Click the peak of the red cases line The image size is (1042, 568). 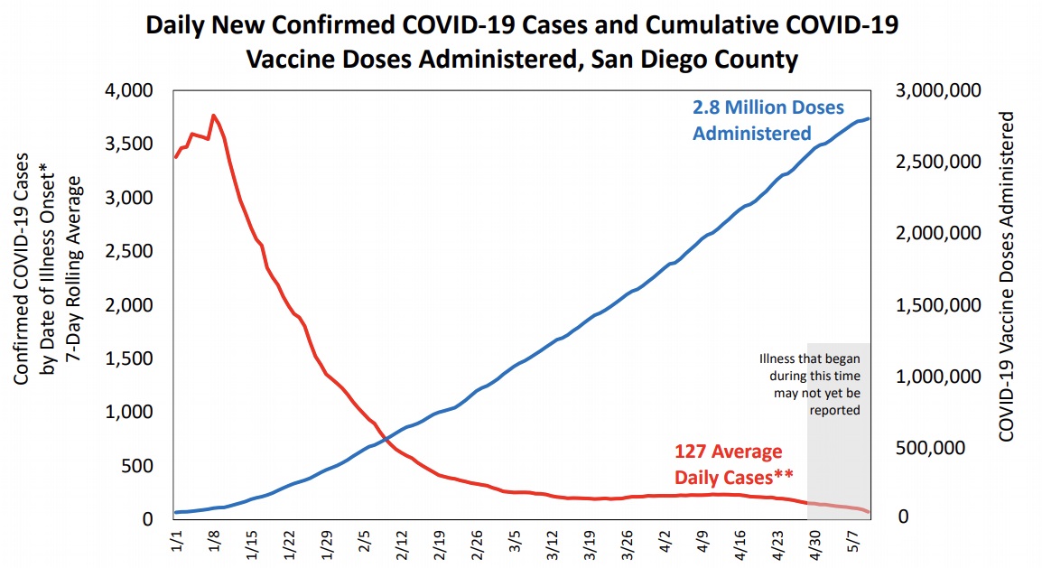click(213, 116)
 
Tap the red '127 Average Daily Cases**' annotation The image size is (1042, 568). click(729, 462)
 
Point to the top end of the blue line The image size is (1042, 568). click(869, 118)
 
